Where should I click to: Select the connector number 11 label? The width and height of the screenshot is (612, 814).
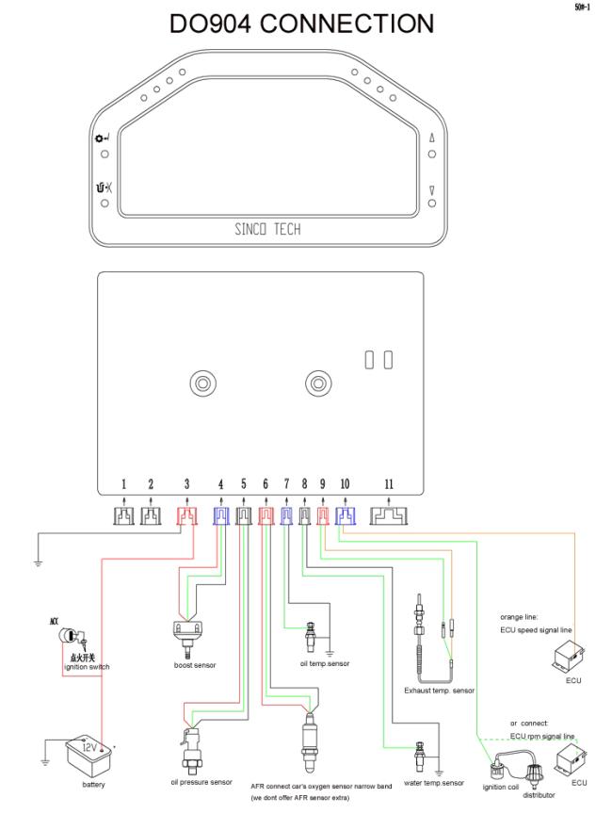click(x=389, y=484)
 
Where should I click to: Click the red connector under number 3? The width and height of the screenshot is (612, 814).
click(x=186, y=515)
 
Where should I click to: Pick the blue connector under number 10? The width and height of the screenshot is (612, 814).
click(x=345, y=515)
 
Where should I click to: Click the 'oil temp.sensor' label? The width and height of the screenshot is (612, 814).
click(x=325, y=663)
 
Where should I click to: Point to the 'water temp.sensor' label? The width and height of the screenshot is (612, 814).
click(x=433, y=782)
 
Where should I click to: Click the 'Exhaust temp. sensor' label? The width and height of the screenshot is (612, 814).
click(x=440, y=691)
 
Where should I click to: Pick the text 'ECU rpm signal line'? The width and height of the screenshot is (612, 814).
click(x=542, y=736)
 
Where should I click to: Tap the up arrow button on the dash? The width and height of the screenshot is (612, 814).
click(x=432, y=138)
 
